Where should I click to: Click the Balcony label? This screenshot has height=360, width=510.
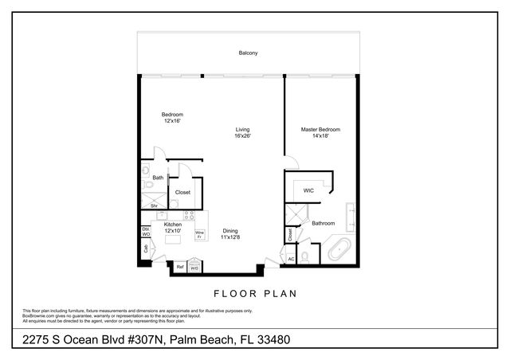(248, 53)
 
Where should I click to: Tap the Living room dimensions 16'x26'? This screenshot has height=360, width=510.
(243, 136)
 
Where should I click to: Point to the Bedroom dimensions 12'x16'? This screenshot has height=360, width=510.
(173, 121)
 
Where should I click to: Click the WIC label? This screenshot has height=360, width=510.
(309, 190)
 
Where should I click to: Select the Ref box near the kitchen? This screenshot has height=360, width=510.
(180, 267)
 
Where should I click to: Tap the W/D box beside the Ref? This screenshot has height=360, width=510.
(194, 268)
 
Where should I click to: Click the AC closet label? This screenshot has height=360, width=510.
(291, 258)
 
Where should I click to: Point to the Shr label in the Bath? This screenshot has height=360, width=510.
(154, 205)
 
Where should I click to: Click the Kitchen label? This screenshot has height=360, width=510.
(173, 225)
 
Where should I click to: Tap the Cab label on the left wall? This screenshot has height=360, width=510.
(146, 248)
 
